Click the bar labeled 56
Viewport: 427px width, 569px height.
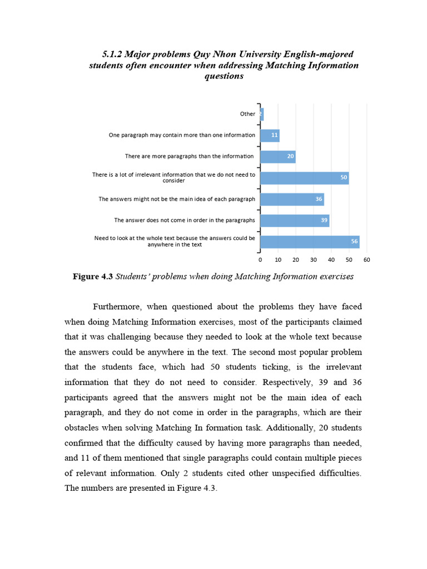[x=310, y=242]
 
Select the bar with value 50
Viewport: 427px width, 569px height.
[x=304, y=178]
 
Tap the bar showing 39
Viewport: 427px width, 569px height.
[x=295, y=221]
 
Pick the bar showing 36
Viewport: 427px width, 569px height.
[x=292, y=199]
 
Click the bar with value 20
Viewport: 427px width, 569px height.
[x=278, y=157]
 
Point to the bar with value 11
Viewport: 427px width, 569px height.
[x=270, y=135]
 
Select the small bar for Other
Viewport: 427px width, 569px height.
[x=261, y=114]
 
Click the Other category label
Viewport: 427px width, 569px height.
[x=247, y=114]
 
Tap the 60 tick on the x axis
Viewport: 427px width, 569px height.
[x=366, y=259]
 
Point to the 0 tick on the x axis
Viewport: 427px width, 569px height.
[x=260, y=259]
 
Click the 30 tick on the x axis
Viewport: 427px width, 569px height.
[x=314, y=259]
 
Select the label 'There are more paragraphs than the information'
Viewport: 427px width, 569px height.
[x=190, y=157]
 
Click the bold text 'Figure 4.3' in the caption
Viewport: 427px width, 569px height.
[x=93, y=277]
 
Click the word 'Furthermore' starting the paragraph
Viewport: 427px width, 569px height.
[x=117, y=307]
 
